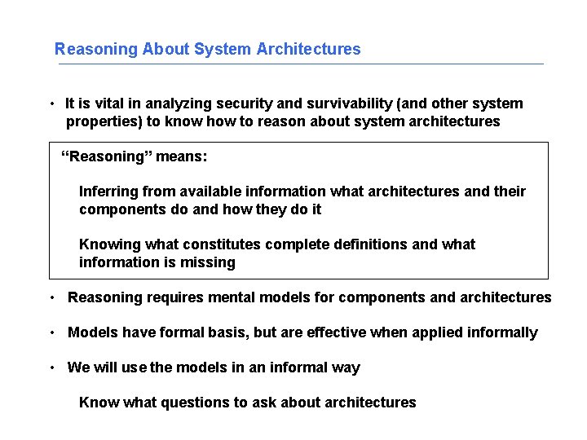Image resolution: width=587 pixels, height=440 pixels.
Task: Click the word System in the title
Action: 223,49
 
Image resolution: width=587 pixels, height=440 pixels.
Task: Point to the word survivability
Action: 336,103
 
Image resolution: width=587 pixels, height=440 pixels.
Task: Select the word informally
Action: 499,332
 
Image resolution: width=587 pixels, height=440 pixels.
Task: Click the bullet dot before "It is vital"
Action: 51,104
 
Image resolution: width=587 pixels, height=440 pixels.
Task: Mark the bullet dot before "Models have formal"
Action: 51,332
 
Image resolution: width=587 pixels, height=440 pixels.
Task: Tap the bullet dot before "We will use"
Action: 51,367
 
